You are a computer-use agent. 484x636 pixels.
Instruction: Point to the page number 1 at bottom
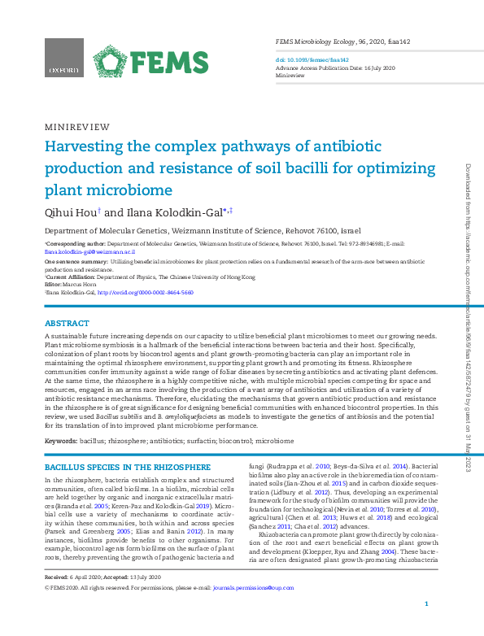point(427,626)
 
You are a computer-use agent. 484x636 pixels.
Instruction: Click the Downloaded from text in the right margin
point(468,187)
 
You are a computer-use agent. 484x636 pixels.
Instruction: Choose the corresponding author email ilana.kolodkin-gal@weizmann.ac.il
point(89,252)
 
